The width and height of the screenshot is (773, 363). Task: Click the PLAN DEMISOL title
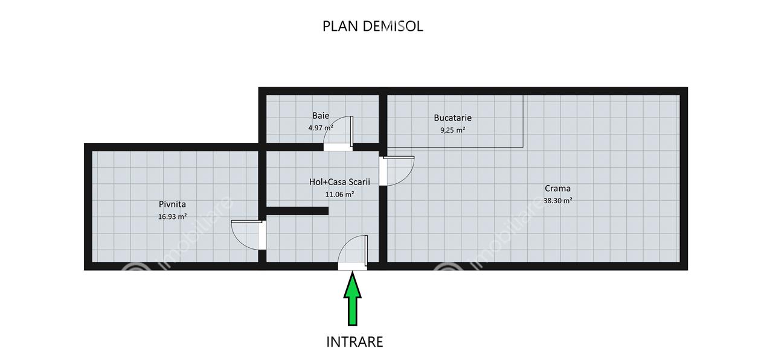pyautogui.click(x=373, y=26)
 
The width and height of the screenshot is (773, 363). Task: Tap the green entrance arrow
pyautogui.click(x=352, y=299)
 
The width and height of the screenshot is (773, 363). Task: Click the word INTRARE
pyautogui.click(x=354, y=342)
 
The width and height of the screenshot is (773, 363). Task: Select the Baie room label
pyautogui.click(x=321, y=116)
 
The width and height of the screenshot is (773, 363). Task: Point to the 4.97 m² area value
pyautogui.click(x=321, y=128)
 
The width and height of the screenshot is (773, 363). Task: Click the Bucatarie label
pyautogui.click(x=452, y=118)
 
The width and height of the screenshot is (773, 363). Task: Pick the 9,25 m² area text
pyautogui.click(x=452, y=130)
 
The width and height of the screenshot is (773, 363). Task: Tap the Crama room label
pyautogui.click(x=557, y=188)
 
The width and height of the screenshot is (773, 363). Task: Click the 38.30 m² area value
pyautogui.click(x=558, y=200)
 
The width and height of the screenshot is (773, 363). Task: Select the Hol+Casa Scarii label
pyautogui.click(x=339, y=182)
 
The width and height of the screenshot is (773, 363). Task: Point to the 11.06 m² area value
pyautogui.click(x=339, y=194)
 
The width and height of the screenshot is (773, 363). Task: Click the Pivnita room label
pyautogui.click(x=172, y=204)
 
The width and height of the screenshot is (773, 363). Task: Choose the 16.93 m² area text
pyautogui.click(x=172, y=216)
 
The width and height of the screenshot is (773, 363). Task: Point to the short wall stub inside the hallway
pyautogui.click(x=297, y=211)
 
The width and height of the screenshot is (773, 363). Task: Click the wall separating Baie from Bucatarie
pyautogui.click(x=383, y=119)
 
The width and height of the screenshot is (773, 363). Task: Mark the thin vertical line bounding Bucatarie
pyautogui.click(x=523, y=121)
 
